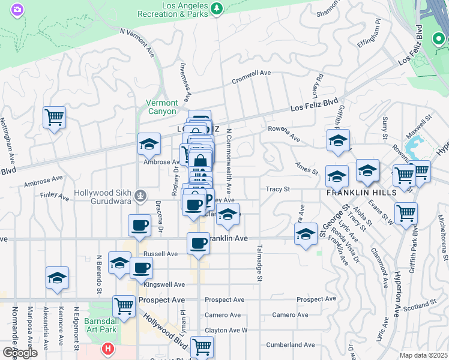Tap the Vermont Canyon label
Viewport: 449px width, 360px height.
(x=162, y=107)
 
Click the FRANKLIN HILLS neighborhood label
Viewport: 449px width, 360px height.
(x=361, y=193)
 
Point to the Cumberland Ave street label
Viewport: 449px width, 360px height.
(x=291, y=345)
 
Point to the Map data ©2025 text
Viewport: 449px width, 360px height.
(x=423, y=355)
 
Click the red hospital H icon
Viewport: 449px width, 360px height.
(x=107, y=348)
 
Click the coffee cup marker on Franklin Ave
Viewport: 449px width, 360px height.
(x=198, y=243)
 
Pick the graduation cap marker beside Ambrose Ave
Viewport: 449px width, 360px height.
(x=149, y=144)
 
